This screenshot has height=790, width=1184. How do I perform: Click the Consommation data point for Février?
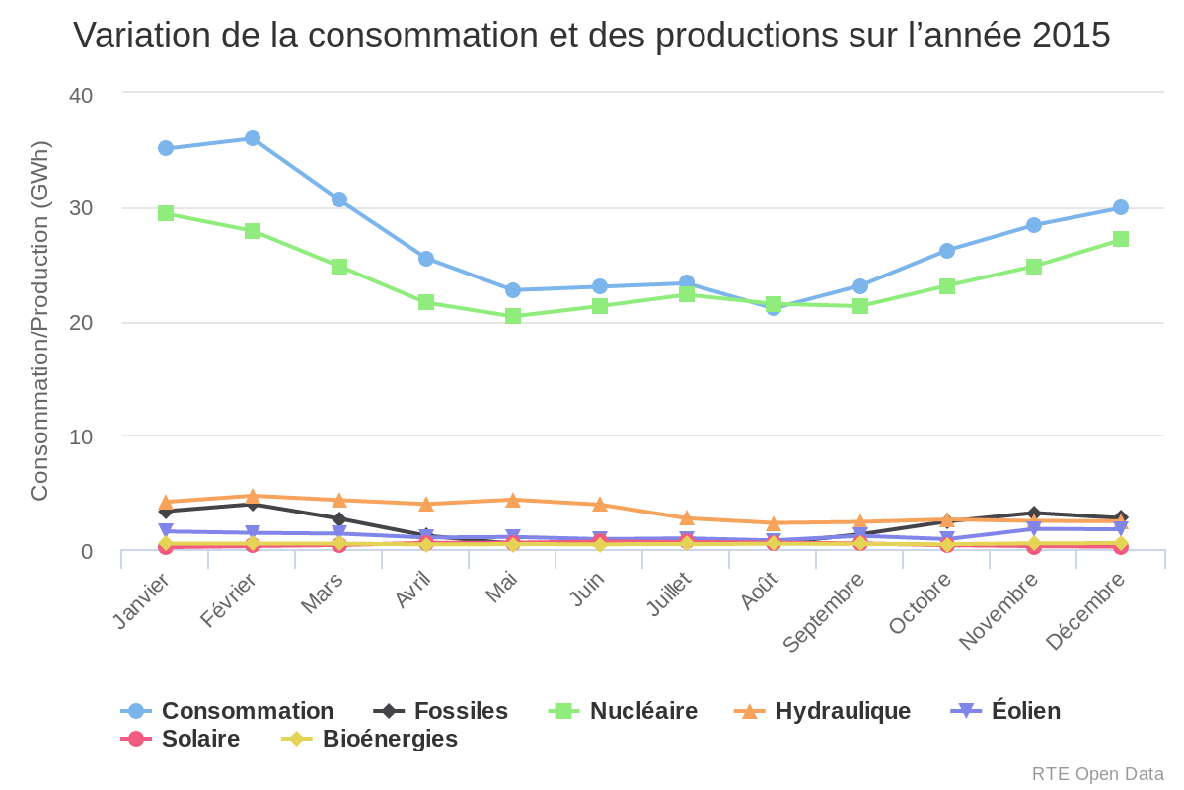pos(253,138)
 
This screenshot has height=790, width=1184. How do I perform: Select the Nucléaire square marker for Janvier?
pos(166,213)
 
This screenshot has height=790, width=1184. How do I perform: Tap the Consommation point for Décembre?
pos(1121,207)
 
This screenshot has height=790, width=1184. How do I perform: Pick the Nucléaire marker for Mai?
pos(513,316)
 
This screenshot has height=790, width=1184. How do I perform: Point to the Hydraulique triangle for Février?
pos(253,496)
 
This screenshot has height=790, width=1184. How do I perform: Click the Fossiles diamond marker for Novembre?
pos(1034,513)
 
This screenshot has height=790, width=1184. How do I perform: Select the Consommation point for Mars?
pos(339,199)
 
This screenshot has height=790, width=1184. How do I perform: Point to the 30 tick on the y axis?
pos(80,208)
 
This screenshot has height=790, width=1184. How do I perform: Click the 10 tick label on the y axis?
pos(80,436)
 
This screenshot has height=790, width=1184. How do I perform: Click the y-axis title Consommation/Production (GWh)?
pos(39,321)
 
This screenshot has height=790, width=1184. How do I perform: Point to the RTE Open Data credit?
pos(1097,774)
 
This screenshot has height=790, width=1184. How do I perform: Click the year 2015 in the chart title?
pos(1072,36)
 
